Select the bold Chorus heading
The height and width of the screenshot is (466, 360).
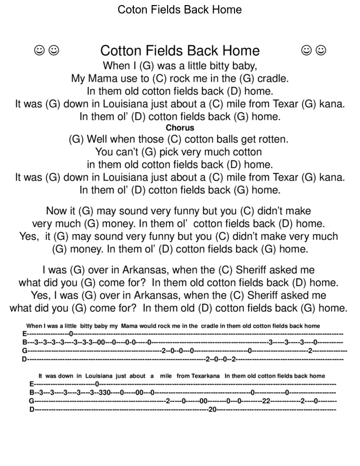coord(179,128)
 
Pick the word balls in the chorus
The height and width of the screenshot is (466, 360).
coord(220,139)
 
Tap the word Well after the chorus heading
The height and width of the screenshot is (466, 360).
coord(98,139)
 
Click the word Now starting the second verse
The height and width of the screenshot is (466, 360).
coord(57,211)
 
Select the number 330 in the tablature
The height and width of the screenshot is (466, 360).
coord(104,392)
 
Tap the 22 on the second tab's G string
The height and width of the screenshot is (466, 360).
coord(267,401)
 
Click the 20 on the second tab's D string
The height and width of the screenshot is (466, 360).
coord(212,409)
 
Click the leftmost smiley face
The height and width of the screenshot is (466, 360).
coord(39,51)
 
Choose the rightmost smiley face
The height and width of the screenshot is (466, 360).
coord(321,51)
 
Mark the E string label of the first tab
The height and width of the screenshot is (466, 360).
coord(24,334)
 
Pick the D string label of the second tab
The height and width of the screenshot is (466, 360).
coord(31,409)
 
